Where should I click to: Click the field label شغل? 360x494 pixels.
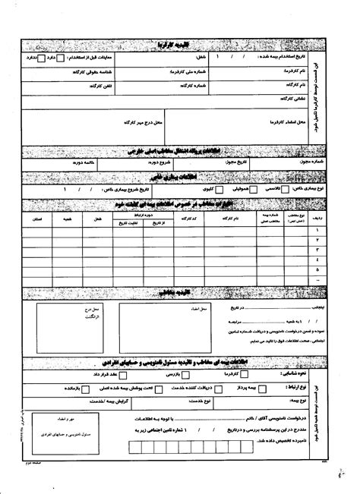[183, 57]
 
